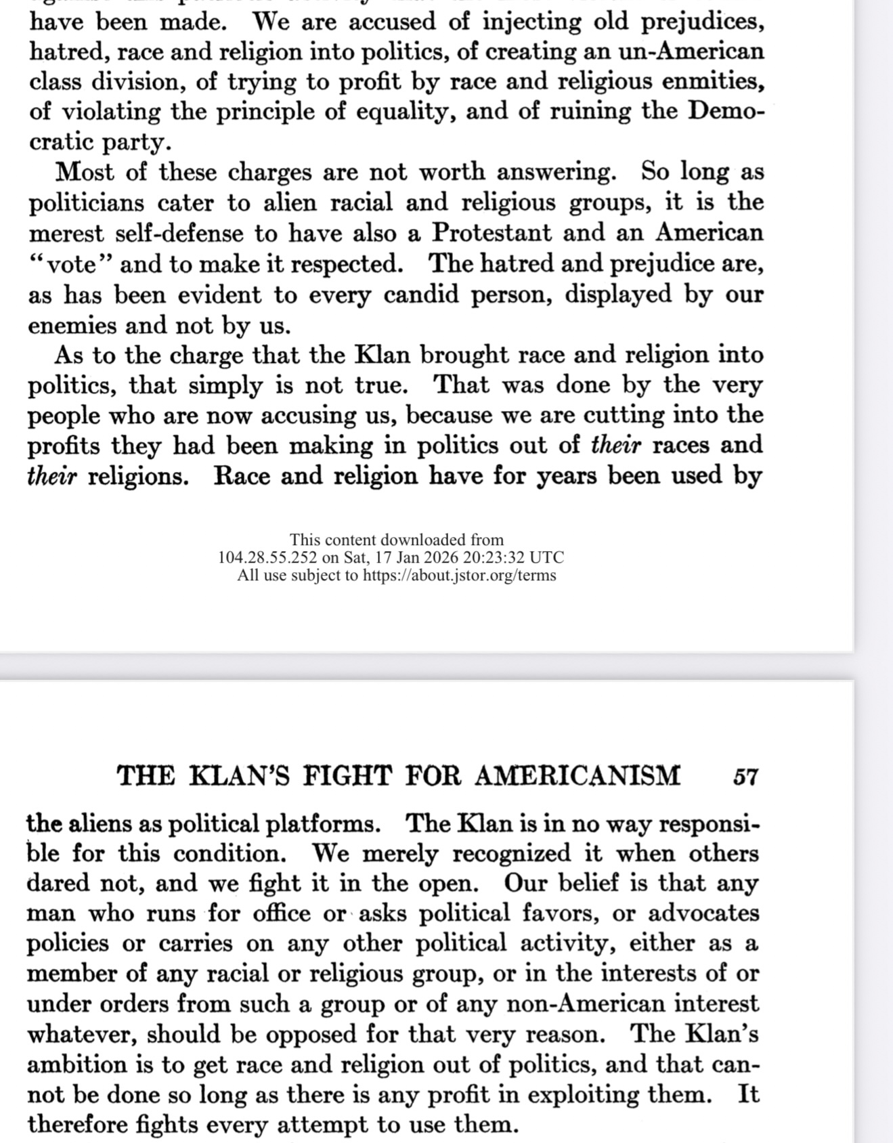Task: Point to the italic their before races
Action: coord(615,446)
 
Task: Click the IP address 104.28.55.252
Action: coord(267,558)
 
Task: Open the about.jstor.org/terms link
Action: coord(459,576)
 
